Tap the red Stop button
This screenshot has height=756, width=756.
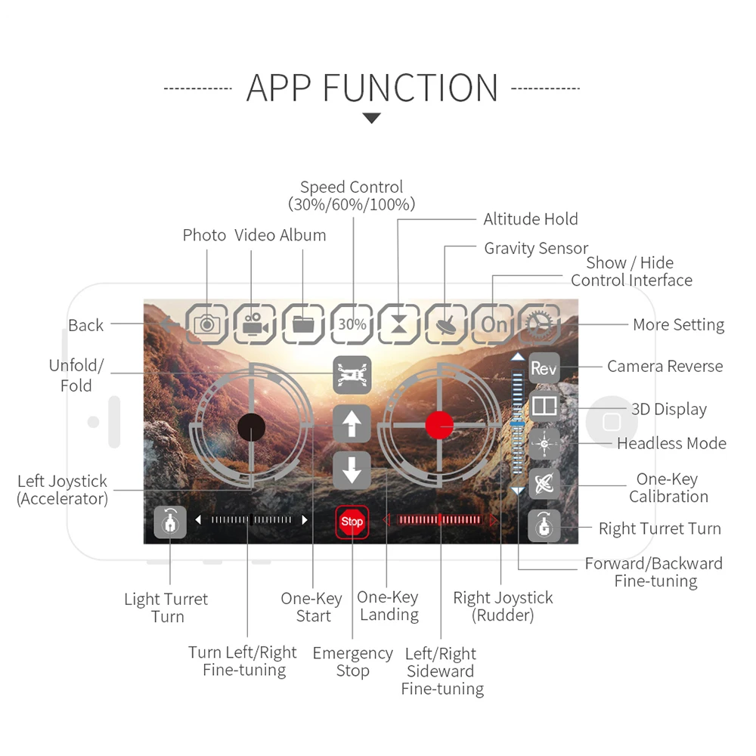click(352, 522)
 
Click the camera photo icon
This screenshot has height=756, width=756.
click(207, 324)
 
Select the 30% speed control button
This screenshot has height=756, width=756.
click(352, 324)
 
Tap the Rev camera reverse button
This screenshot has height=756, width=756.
click(544, 368)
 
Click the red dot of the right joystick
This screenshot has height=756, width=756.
click(438, 425)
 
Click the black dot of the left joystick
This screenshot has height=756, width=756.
click(251, 427)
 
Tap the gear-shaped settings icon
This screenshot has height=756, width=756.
click(543, 324)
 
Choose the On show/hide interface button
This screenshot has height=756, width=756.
click(494, 324)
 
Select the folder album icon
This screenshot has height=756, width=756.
click(303, 324)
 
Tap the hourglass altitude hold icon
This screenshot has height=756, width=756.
click(398, 324)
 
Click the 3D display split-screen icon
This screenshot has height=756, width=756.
click(544, 407)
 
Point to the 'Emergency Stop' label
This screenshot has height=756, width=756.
click(352, 661)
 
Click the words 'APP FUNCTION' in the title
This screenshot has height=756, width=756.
click(372, 88)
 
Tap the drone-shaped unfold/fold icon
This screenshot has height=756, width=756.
click(352, 374)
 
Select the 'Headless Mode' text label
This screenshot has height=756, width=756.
click(671, 443)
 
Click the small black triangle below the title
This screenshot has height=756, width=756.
click(372, 118)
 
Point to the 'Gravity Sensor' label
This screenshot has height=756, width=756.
click(535, 248)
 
